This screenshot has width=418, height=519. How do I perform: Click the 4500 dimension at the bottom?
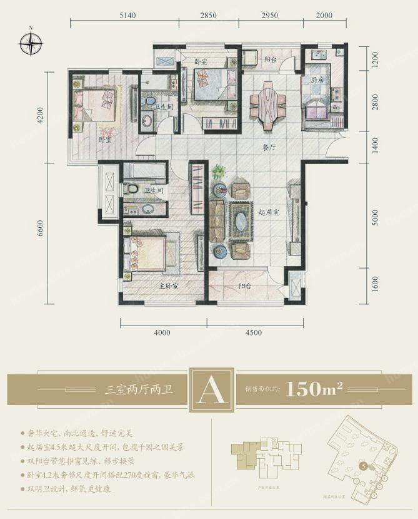point(253,332)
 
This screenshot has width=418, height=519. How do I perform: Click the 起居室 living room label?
point(268,212)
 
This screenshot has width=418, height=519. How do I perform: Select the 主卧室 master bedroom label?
point(169,285)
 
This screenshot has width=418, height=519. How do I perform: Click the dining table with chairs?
point(267,107)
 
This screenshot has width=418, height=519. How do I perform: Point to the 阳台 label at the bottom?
point(246,286)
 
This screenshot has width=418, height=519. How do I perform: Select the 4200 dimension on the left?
point(40,118)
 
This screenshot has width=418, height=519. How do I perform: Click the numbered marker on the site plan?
point(363,465)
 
